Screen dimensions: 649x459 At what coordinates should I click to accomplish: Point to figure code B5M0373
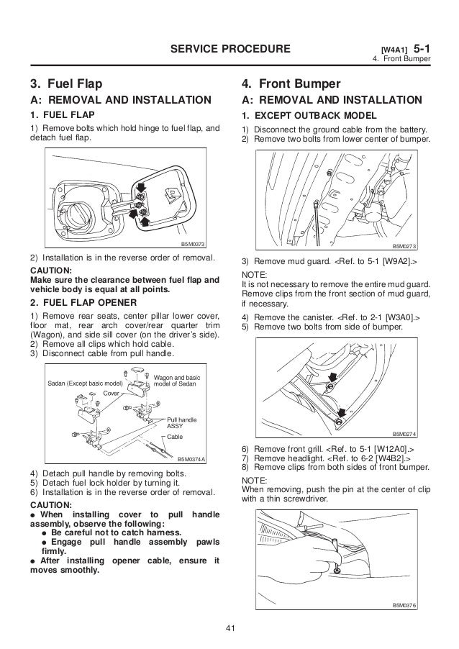coord(193,243)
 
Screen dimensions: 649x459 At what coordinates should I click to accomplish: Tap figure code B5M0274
coord(406,435)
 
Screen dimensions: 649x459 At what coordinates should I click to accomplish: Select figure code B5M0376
coord(406,605)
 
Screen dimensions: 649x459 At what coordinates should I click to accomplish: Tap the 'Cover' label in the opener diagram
coord(111,394)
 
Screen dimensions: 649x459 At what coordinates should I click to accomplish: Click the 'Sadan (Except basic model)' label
coord(81,383)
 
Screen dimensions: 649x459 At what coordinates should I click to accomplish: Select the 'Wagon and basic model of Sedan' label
coord(178,380)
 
